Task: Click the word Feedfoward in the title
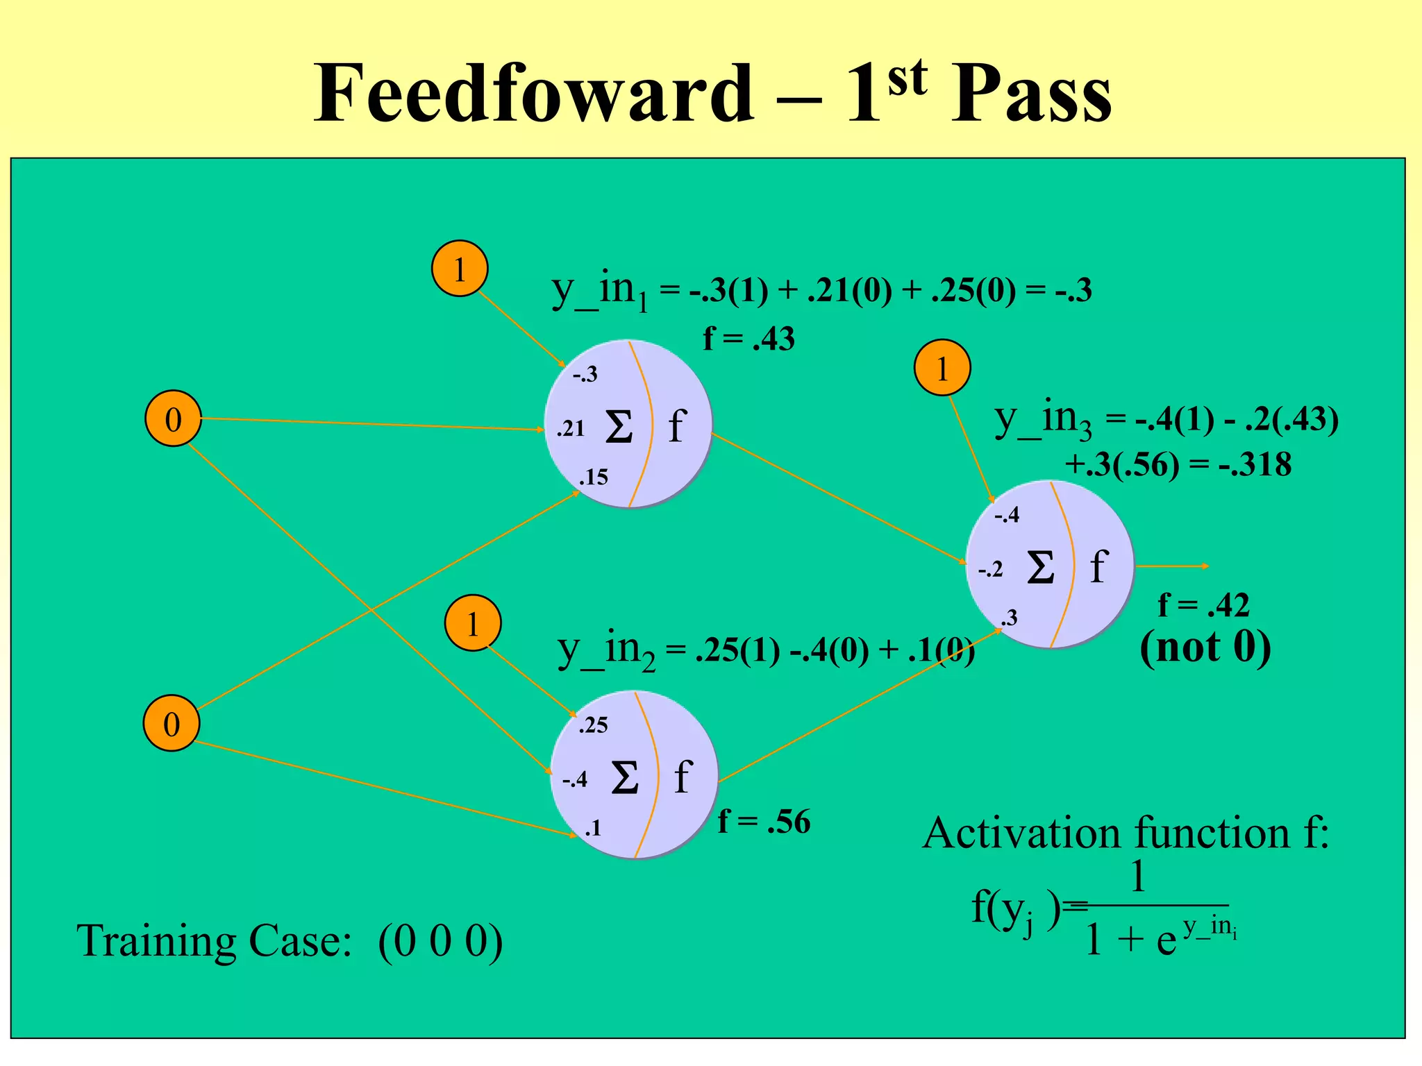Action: click(533, 93)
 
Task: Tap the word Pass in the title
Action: click(1030, 93)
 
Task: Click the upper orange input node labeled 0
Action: click(173, 419)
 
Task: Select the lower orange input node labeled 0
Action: click(172, 724)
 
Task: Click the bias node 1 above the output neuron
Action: click(942, 368)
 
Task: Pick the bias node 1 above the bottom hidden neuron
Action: click(473, 623)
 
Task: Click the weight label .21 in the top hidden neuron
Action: click(571, 429)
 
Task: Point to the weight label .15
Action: click(594, 477)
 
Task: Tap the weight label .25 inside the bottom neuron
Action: click(593, 725)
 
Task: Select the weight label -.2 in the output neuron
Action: click(991, 570)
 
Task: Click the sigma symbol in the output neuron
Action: click(1041, 568)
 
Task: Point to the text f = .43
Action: click(748, 339)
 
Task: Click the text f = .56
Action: click(764, 822)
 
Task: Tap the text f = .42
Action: click(1203, 605)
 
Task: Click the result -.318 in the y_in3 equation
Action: click(1255, 464)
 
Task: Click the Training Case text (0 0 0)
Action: click(440, 942)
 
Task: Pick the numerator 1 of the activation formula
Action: click(1137, 877)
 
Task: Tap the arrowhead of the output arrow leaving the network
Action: click(1206, 566)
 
